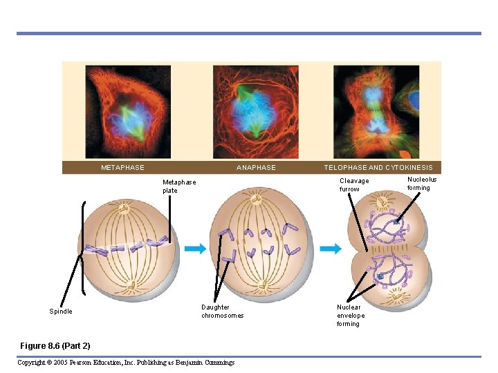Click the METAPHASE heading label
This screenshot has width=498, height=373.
(122, 168)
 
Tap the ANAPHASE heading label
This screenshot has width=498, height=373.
(256, 168)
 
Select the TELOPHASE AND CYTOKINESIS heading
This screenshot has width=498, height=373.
(378, 168)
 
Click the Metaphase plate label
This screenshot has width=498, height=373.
(179, 186)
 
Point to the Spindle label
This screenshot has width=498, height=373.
(61, 312)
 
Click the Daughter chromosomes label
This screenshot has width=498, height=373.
(222, 312)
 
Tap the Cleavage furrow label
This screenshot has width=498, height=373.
(354, 185)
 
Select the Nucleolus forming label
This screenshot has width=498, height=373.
(422, 184)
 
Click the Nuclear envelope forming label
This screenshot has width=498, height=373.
(349, 316)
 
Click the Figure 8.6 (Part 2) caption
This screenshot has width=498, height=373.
(55, 345)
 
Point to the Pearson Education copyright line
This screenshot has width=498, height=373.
(126, 363)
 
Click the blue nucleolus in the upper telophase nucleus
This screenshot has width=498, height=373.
(397, 222)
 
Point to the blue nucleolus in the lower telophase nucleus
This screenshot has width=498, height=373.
(380, 277)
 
